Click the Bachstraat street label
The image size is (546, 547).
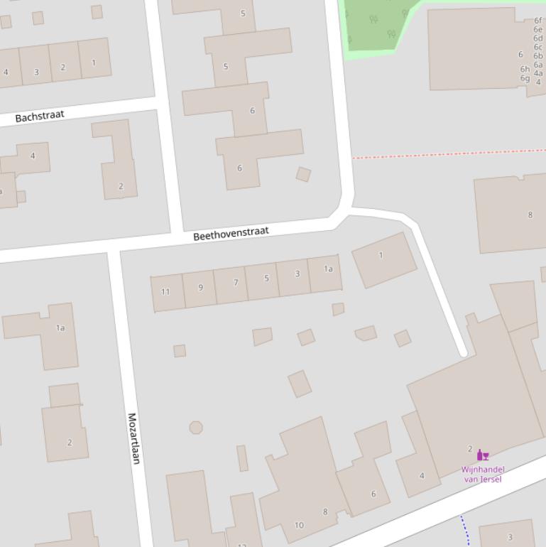click(40, 116)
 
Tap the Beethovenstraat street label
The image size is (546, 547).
click(231, 233)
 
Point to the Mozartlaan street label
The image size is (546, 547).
click(133, 438)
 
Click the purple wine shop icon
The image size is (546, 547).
click(481, 455)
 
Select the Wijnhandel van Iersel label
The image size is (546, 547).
click(483, 474)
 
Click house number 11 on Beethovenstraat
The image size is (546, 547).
click(166, 291)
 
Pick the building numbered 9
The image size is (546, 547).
click(200, 288)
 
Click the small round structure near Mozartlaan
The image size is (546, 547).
click(196, 427)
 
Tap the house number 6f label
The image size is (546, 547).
click(538, 21)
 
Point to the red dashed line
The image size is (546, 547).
click(447, 153)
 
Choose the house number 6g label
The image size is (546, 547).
click(525, 78)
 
